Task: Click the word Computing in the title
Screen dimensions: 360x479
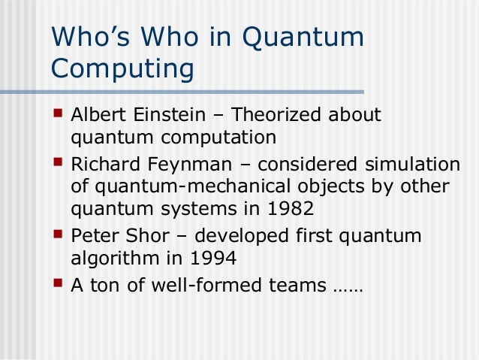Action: pos(122,68)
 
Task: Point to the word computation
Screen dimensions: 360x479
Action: pos(216,138)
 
